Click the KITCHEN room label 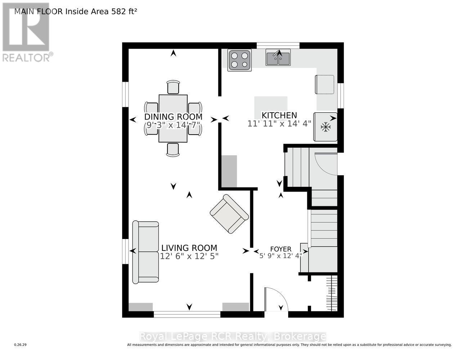click(279, 115)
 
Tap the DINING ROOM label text click(173, 117)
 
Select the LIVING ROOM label click(189, 248)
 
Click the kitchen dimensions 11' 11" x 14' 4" click(279, 123)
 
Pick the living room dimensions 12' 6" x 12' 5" click(189, 256)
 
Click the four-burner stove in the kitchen click(239, 60)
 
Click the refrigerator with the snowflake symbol click(326, 127)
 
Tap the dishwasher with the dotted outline click(324, 84)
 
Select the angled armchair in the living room click(229, 214)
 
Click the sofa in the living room click(146, 252)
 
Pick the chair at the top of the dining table click(173, 87)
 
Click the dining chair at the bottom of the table click(173, 149)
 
